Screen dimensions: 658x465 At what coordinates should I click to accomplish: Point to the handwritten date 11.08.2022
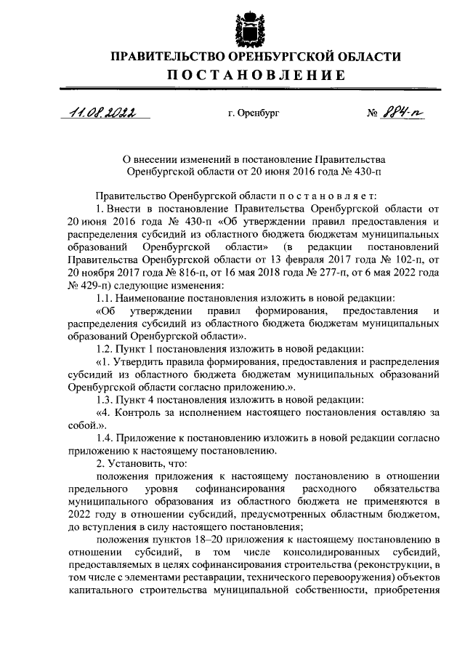(94, 113)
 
